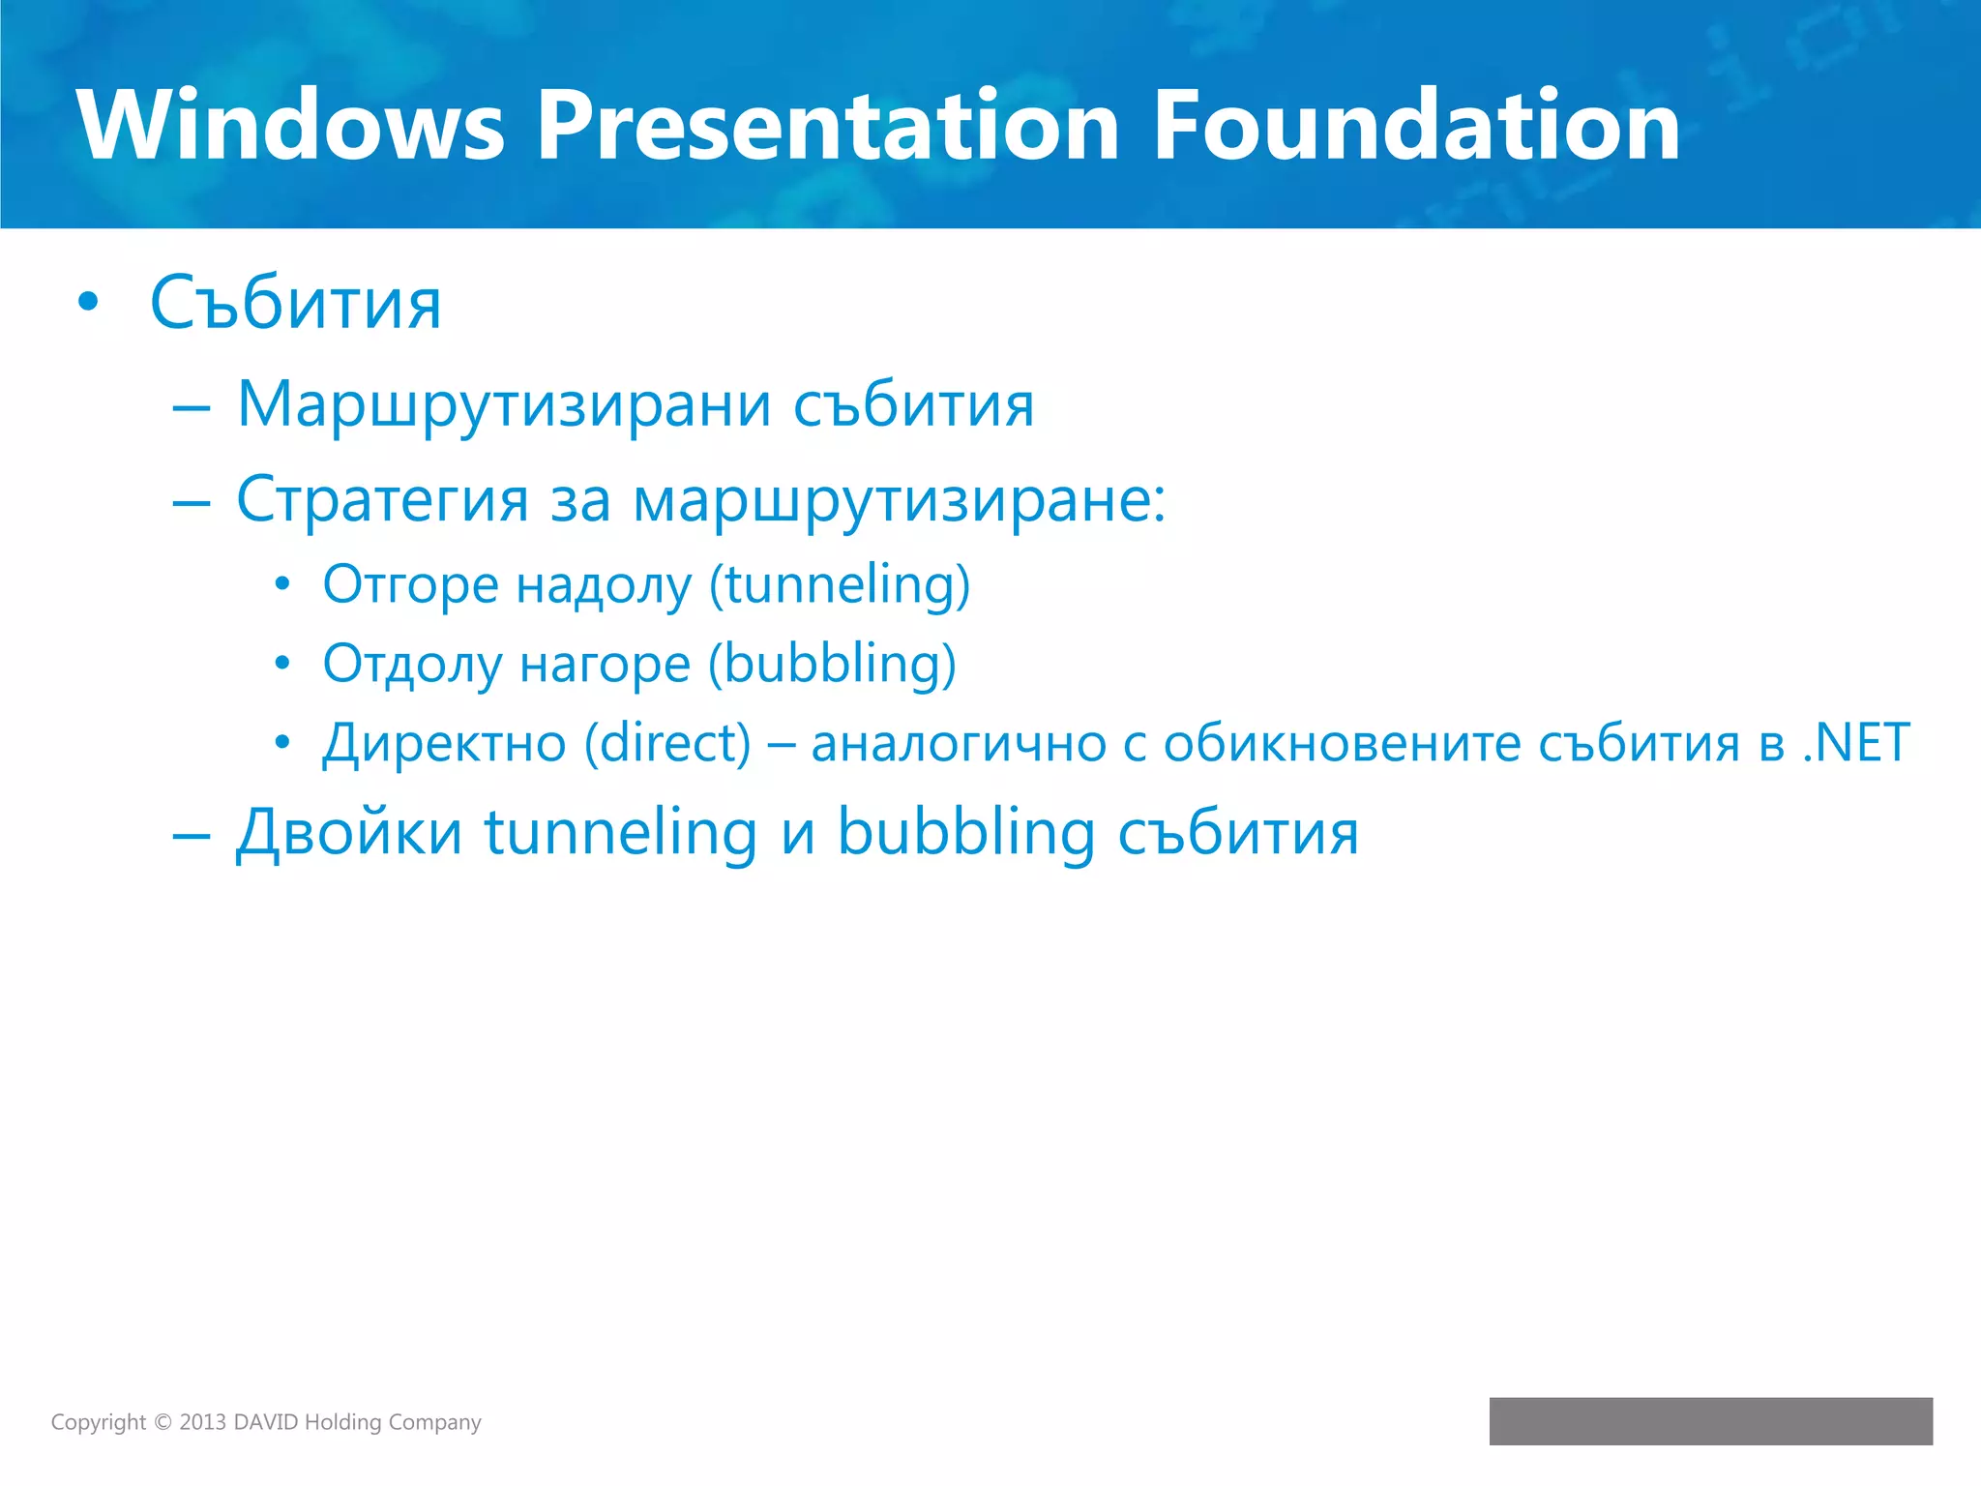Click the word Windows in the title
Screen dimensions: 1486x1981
coord(290,126)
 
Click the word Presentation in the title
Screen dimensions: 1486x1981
coord(827,126)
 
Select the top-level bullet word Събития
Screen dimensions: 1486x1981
coord(295,304)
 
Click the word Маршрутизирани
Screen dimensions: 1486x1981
coord(504,404)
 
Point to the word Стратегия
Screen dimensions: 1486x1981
coord(382,500)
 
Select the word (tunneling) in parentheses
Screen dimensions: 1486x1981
coord(840,585)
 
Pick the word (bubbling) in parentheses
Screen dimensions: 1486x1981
coord(832,665)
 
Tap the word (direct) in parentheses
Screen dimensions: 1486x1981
coord(667,744)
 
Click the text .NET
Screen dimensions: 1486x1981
coord(1856,744)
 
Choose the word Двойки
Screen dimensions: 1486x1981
coord(349,833)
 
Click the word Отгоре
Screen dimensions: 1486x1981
coord(410,585)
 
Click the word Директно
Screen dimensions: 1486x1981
coord(444,744)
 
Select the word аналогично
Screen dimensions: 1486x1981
coord(958,744)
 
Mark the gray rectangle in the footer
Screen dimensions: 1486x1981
coord(1710,1420)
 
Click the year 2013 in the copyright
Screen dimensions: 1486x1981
coord(202,1422)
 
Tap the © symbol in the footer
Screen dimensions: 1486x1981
coord(163,1422)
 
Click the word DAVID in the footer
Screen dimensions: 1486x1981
coord(266,1422)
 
